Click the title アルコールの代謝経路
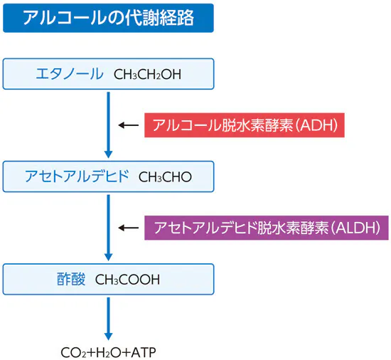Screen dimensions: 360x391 click(x=107, y=17)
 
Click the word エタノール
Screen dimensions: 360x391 click(x=70, y=73)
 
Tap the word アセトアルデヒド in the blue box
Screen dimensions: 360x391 click(x=76, y=176)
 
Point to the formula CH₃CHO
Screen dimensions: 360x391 click(x=165, y=176)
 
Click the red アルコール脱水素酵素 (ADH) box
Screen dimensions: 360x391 click(x=245, y=125)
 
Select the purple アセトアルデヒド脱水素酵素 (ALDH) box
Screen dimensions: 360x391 click(x=267, y=228)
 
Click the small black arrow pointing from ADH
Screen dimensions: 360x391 click(x=128, y=125)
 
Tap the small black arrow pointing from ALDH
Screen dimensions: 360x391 click(x=128, y=228)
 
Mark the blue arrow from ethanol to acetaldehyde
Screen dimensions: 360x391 click(x=108, y=125)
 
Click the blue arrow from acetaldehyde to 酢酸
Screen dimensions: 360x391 click(x=108, y=227)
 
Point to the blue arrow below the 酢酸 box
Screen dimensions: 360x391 click(x=108, y=317)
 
